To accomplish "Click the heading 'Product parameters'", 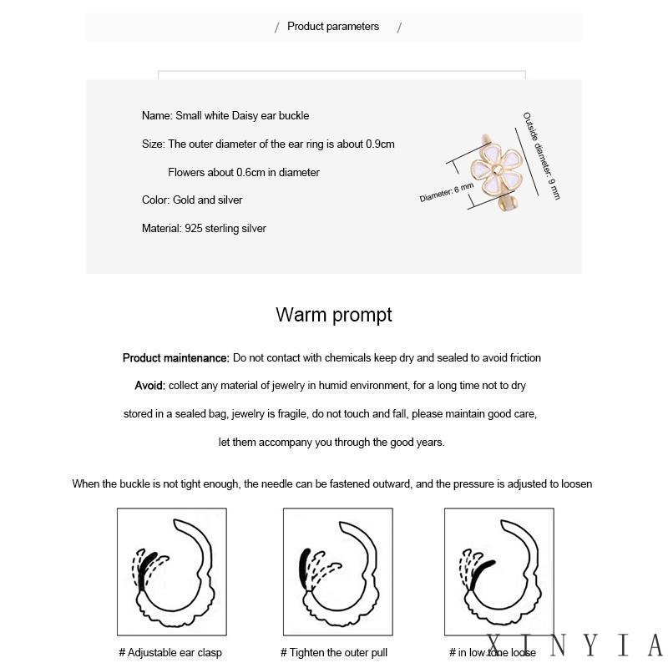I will coord(333,27).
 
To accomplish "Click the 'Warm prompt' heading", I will coord(334,315).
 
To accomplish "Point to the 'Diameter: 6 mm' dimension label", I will coord(446,193).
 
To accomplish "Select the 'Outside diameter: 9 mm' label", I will coord(542,155).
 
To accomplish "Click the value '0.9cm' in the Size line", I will coord(380,144).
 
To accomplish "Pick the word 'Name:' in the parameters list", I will coord(157,116).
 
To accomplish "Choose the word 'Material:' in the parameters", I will coord(162,228).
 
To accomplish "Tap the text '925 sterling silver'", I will coord(225,228).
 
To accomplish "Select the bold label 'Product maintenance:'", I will coord(176,358).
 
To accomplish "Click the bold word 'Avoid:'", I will coord(150,386).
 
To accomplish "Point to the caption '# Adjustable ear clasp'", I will coord(170,653).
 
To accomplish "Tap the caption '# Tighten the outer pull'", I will coord(334,653).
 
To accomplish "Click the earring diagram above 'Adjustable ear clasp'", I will coord(171,572).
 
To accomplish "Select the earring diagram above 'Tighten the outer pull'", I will coord(337,572).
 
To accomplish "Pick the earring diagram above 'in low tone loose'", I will coord(498,572).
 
